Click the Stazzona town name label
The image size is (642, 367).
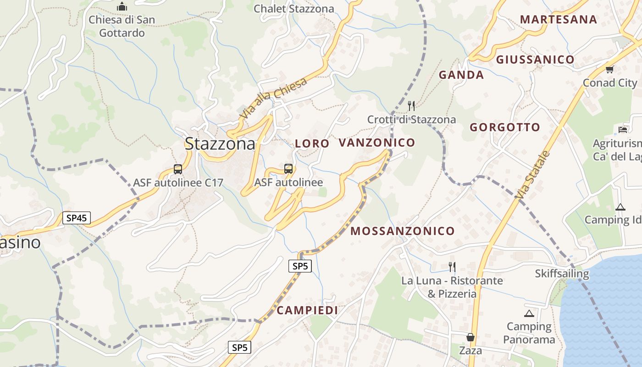click(x=220, y=144)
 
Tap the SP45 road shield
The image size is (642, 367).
click(x=77, y=218)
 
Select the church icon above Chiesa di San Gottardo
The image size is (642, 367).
click(x=122, y=7)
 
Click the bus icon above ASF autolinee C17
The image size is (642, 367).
click(x=178, y=169)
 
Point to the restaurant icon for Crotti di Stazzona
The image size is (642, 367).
click(x=411, y=106)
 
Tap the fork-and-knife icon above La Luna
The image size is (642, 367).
click(x=452, y=267)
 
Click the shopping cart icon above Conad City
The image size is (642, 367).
click(x=609, y=69)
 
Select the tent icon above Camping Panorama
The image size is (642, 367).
click(x=529, y=314)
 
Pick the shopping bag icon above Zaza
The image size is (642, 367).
click(x=470, y=337)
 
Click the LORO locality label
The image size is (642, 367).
click(x=312, y=144)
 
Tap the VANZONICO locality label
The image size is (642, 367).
click(x=377, y=143)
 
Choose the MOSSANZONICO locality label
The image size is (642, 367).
click(x=403, y=231)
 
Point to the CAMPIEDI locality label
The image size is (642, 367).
click(x=307, y=311)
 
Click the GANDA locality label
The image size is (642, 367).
click(x=461, y=75)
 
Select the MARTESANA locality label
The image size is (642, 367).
click(x=559, y=20)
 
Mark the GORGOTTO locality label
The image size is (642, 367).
click(x=505, y=128)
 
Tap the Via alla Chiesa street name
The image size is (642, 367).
click(x=274, y=98)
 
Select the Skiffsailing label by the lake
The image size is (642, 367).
click(x=562, y=274)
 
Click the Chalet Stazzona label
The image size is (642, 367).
click(x=294, y=9)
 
